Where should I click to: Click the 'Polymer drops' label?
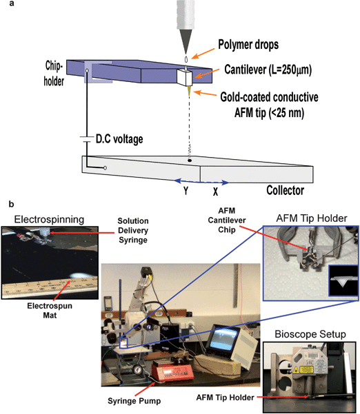tap(248, 44)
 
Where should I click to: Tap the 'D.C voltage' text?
tap(119, 139)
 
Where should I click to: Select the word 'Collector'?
tap(286, 190)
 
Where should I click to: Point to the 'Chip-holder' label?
tap(54, 73)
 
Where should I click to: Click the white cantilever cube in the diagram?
tap(185, 78)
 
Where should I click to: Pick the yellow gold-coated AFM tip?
tap(189, 90)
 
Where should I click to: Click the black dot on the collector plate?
tap(190, 161)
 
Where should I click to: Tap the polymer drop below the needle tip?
tap(186, 59)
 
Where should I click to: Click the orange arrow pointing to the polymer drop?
tap(203, 54)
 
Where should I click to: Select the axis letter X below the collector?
tap(215, 192)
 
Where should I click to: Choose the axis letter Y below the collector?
tap(186, 190)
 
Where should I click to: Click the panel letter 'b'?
tap(11, 204)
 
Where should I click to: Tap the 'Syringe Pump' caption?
tap(134, 401)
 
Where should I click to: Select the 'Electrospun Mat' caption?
tap(50, 311)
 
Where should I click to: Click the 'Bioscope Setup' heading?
tap(310, 334)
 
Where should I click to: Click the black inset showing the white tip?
tap(343, 280)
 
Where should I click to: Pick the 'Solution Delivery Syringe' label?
tap(133, 230)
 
